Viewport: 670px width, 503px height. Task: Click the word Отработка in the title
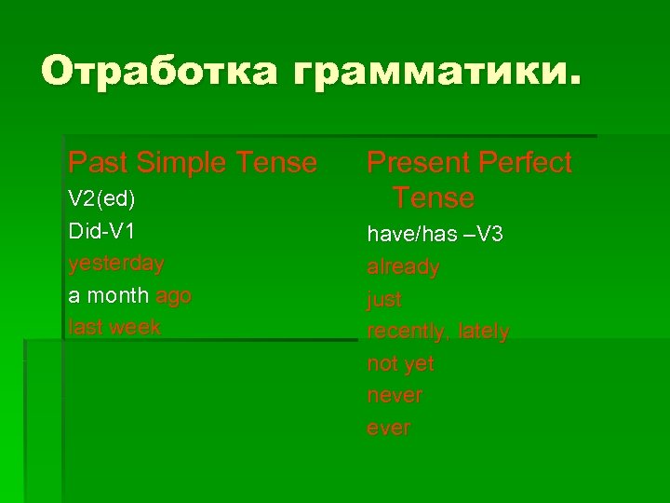coord(158,72)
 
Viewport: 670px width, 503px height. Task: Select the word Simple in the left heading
coord(181,163)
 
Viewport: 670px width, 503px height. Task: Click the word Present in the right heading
coord(417,163)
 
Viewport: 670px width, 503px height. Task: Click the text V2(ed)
coord(101,199)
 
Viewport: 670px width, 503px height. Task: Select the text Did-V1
coord(101,231)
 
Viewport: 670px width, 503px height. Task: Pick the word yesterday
coord(116,264)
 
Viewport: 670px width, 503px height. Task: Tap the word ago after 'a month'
coord(173,295)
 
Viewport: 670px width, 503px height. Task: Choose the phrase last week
coord(114,327)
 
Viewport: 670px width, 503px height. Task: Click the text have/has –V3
coord(435,235)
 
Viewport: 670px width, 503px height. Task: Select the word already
coord(403,267)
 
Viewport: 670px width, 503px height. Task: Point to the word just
coord(384,299)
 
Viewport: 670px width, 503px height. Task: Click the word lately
coord(484,332)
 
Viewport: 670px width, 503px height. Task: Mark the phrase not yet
coord(400,363)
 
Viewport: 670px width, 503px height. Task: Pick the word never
coord(395,396)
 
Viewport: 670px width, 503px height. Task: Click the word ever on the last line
coord(388,428)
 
